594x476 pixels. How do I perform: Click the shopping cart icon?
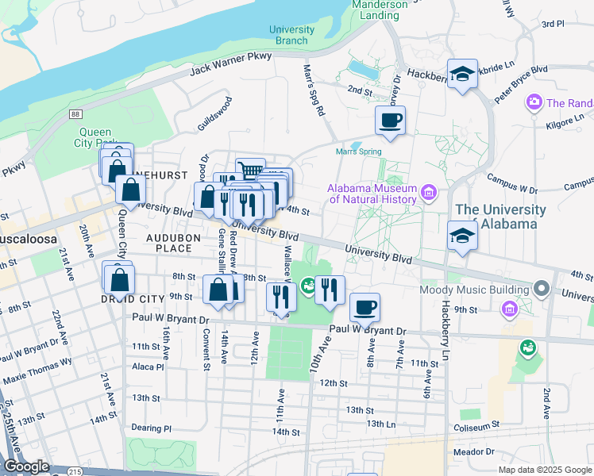click(250, 171)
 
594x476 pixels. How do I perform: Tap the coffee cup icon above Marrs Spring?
click(390, 121)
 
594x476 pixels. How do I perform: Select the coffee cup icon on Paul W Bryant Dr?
click(364, 307)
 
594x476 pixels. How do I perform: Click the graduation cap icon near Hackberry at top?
click(462, 75)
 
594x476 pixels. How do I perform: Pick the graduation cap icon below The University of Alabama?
click(462, 236)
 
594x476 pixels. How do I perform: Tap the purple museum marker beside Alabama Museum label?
click(430, 192)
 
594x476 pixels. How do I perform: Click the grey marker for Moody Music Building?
click(542, 287)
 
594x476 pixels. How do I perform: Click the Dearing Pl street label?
click(151, 428)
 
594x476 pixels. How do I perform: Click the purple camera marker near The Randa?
click(534, 102)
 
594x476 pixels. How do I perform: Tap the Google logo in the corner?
click(26, 466)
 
